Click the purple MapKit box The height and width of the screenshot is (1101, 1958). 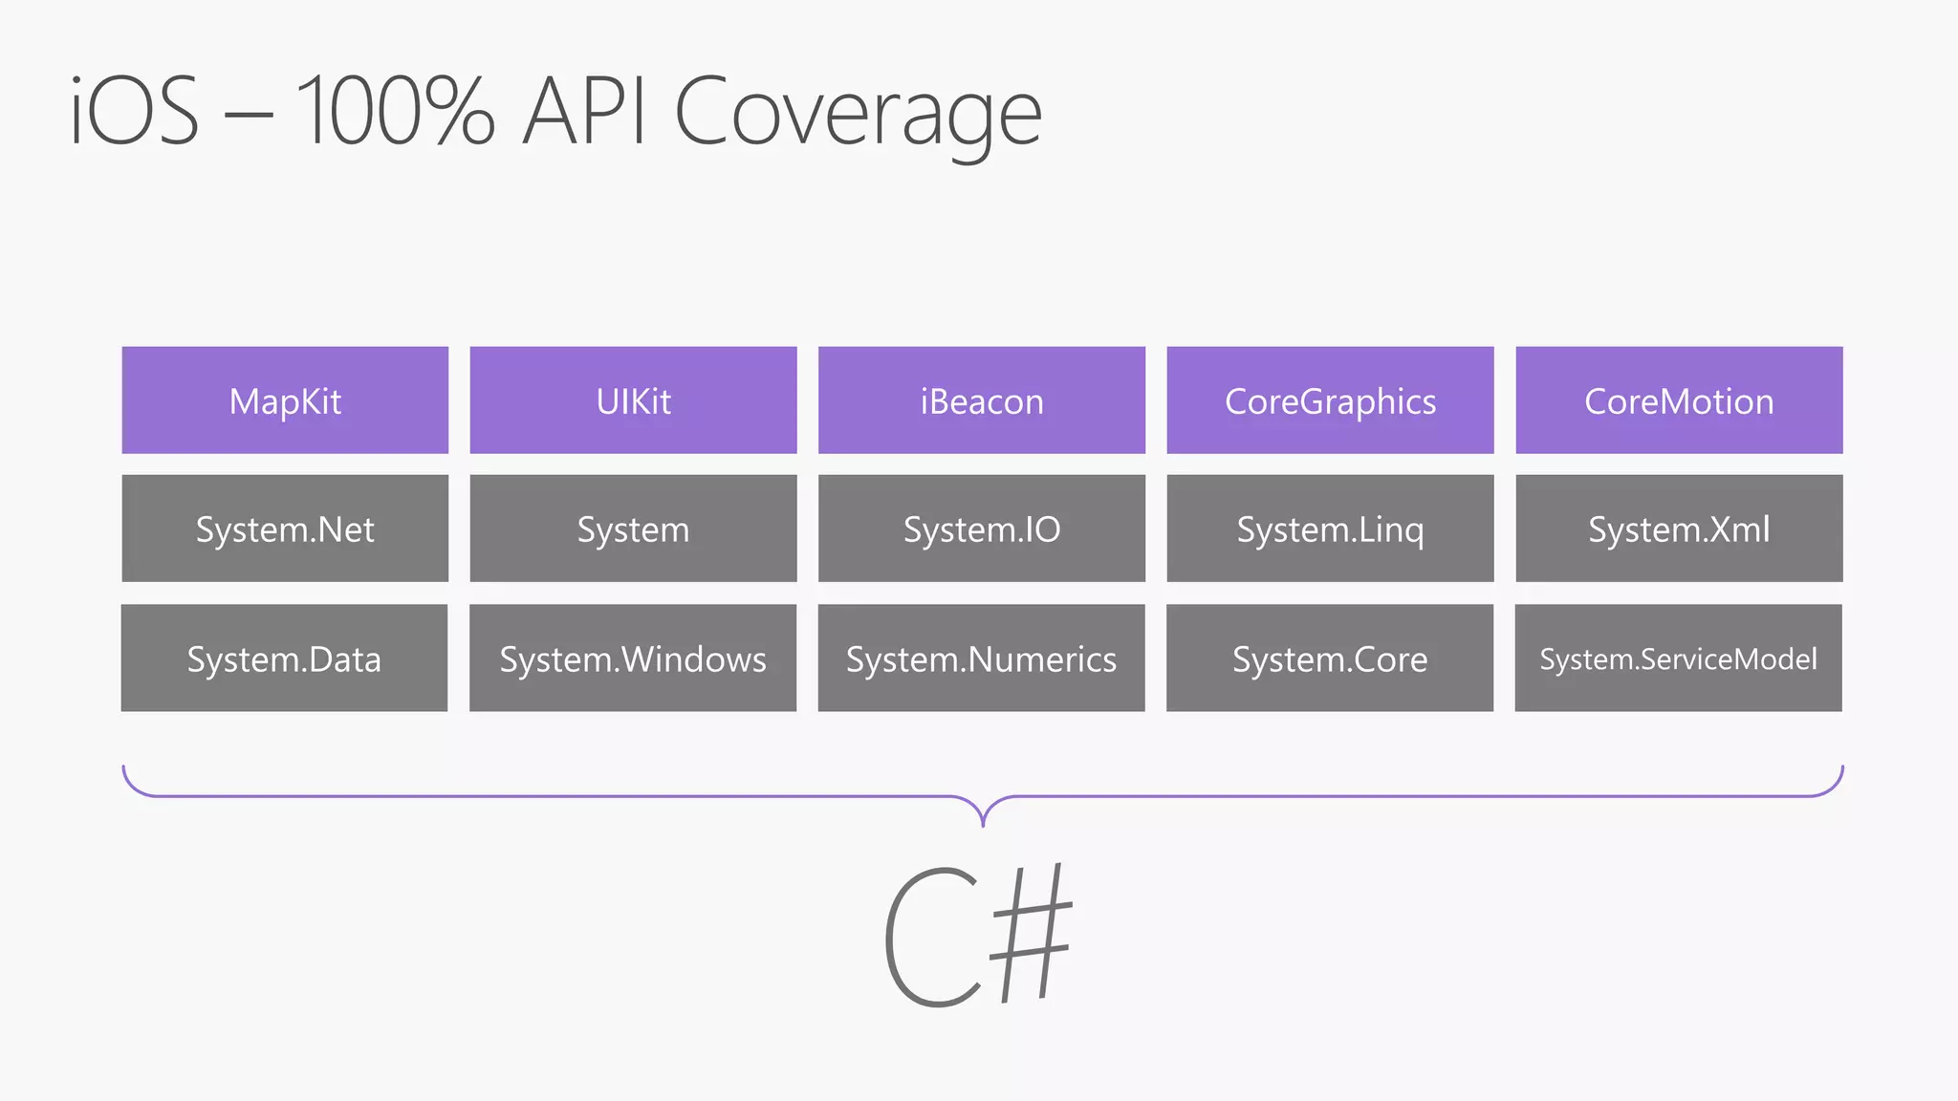(285, 400)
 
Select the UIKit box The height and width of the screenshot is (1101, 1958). (633, 400)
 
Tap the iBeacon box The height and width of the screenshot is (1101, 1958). (982, 400)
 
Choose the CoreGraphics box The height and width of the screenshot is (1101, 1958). (1330, 400)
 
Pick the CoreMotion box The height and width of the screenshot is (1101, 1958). (1679, 400)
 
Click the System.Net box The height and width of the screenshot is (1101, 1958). (285, 529)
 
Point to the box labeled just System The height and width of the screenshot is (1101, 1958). (633, 529)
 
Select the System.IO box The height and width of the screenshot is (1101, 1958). (982, 529)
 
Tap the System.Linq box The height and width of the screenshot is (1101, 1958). (1330, 529)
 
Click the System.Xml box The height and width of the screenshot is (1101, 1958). (1679, 529)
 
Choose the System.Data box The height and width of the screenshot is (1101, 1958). (284, 658)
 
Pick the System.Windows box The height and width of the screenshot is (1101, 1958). (633, 658)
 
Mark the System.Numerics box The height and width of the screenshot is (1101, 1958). (981, 658)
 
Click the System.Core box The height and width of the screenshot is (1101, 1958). (1330, 658)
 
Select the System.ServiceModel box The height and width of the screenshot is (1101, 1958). (1678, 658)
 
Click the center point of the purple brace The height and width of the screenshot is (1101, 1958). (983, 811)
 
